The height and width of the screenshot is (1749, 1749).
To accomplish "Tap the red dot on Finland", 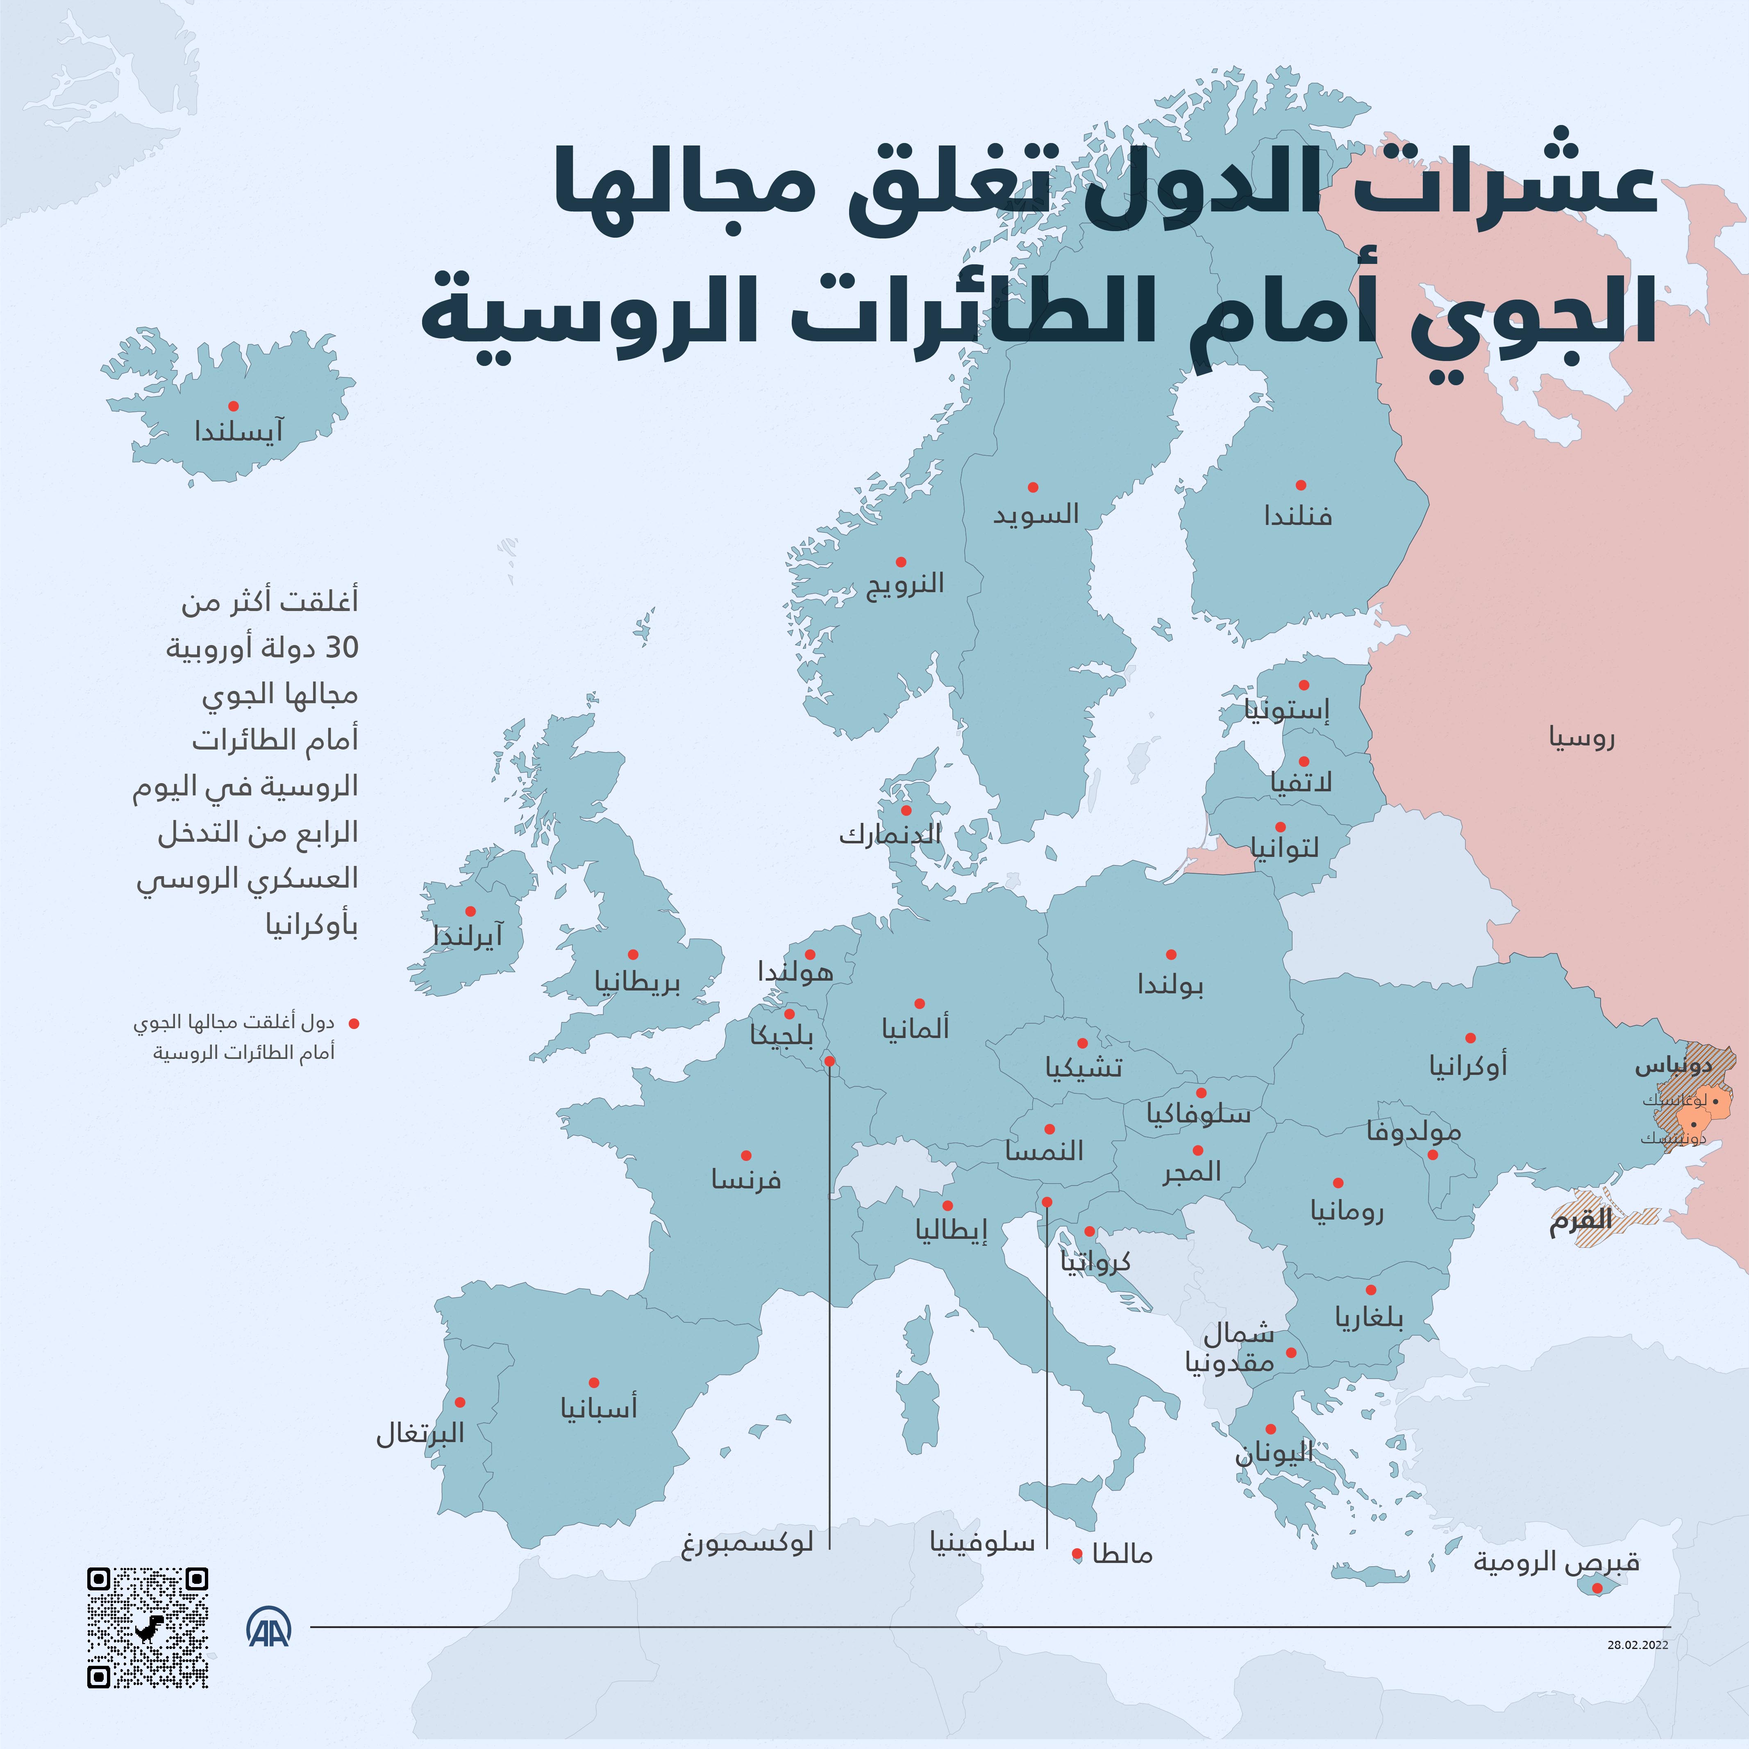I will point(1300,485).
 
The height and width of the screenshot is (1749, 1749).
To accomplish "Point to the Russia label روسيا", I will point(1581,738).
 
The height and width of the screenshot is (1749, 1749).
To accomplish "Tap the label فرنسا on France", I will point(746,1179).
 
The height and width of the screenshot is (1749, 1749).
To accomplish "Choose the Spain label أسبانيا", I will point(598,1408).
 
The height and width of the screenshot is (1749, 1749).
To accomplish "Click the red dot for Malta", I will point(1077,1554).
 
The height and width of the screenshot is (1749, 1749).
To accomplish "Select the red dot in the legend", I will point(354,1024).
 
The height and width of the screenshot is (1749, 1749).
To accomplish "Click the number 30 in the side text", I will point(342,648).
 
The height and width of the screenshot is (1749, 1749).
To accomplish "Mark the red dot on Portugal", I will point(460,1402).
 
